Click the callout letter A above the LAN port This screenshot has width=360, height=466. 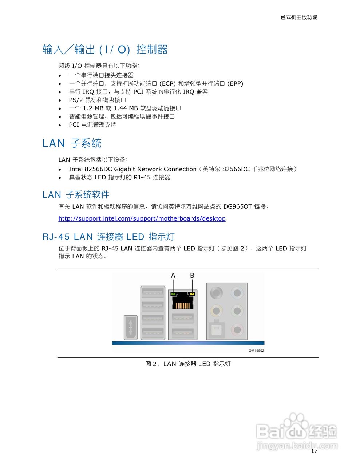coord(173,276)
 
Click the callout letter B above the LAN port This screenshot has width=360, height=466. coord(192,276)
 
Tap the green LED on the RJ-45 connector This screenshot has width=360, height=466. coord(174,294)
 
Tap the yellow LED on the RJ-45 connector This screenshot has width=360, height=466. coord(192,294)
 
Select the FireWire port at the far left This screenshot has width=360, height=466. coord(130,328)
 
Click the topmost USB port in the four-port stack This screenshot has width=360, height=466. coord(153,293)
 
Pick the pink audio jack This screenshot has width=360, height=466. coord(237,330)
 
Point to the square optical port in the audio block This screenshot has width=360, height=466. coord(216,330)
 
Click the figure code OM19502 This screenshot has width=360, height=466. coord(256,351)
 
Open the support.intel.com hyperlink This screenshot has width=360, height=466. coord(142,218)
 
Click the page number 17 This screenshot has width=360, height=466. coord(314,451)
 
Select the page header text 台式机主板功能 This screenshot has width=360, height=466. coord(299,17)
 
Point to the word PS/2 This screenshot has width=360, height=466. coord(76,100)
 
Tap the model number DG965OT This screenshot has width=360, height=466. coord(237,206)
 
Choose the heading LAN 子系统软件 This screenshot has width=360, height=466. coord(76,195)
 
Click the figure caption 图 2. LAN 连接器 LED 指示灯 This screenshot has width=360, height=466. coord(188,364)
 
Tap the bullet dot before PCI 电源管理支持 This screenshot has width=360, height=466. coord(60,125)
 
